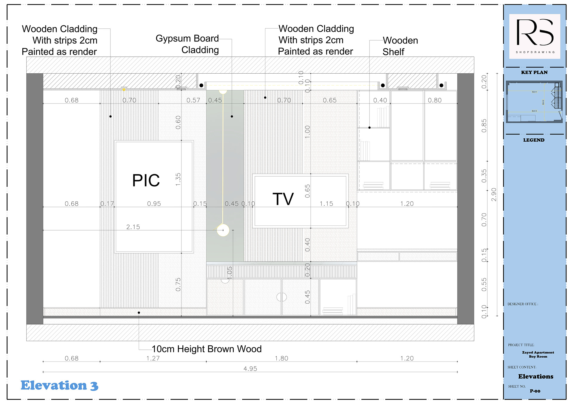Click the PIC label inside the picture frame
pos(146,180)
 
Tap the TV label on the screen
pos(283,199)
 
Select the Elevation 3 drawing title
pos(59,385)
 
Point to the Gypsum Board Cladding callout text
pos(187,44)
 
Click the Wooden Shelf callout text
pos(400,46)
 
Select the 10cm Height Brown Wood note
pos(207,349)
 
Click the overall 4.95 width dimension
pos(250,369)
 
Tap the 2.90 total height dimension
pos(494,194)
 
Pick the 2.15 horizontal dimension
pos(133,227)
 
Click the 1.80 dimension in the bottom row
pos(281,358)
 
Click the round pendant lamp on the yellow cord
pos(223,230)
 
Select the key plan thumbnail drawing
pos(534,102)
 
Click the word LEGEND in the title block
pos(534,140)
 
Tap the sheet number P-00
pos(535,391)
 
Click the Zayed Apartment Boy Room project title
pos(538,354)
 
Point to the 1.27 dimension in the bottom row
pos(153,358)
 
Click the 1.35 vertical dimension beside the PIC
pos(178,180)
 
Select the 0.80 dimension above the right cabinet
pos(435,100)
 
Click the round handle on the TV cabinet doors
pos(281,297)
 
